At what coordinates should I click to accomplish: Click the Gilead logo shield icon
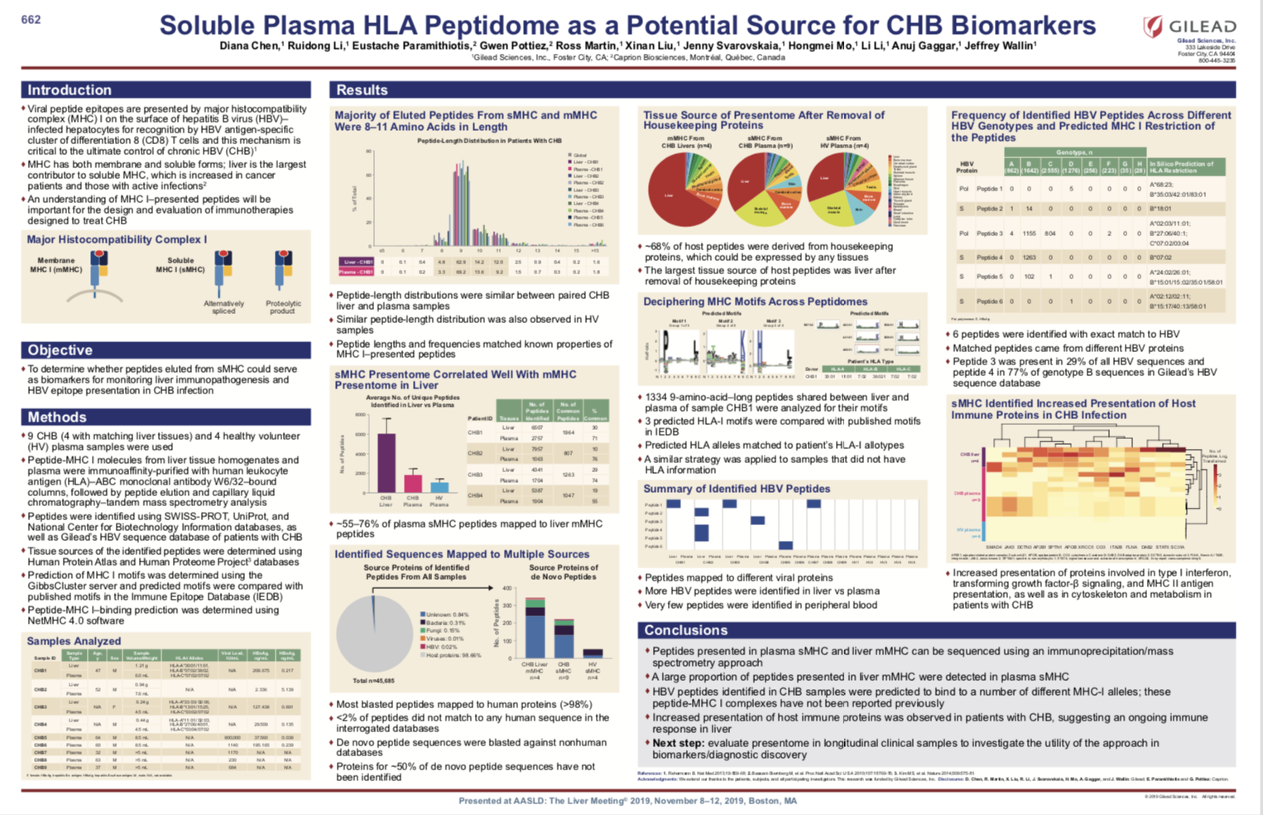(1152, 27)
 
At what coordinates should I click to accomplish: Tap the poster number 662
(31, 19)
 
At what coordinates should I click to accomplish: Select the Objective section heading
(60, 350)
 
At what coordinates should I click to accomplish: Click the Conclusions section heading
(685, 630)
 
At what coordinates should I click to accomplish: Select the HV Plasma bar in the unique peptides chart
(439, 487)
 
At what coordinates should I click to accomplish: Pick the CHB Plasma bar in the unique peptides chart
(412, 483)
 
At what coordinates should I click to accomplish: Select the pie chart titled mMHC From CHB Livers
(684, 190)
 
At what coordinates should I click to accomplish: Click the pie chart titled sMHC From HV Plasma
(844, 190)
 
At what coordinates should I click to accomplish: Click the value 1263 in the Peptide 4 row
(1029, 258)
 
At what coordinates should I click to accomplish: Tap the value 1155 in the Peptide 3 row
(1029, 234)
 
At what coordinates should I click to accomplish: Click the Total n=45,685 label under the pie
(374, 681)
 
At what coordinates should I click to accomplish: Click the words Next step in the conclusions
(678, 743)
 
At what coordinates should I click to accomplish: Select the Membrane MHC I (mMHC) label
(56, 265)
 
